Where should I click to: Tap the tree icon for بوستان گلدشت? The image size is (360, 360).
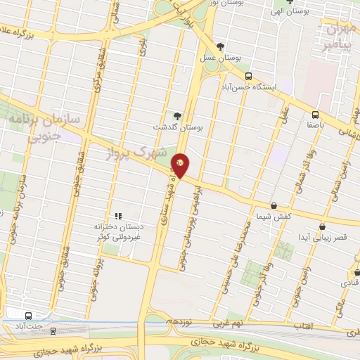pyautogui.click(x=177, y=116)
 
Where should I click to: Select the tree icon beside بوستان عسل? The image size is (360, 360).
pyautogui.click(x=221, y=46)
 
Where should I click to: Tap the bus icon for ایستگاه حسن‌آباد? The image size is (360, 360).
pyautogui.click(x=248, y=76)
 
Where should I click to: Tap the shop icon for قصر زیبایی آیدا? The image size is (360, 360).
pyautogui.click(x=323, y=226)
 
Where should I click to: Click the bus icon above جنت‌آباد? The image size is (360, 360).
pyautogui.click(x=27, y=316)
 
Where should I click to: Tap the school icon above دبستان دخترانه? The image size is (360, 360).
pyautogui.click(x=118, y=216)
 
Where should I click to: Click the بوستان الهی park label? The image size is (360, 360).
pyautogui.click(x=290, y=13)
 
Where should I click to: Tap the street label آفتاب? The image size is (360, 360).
pyautogui.click(x=302, y=326)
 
